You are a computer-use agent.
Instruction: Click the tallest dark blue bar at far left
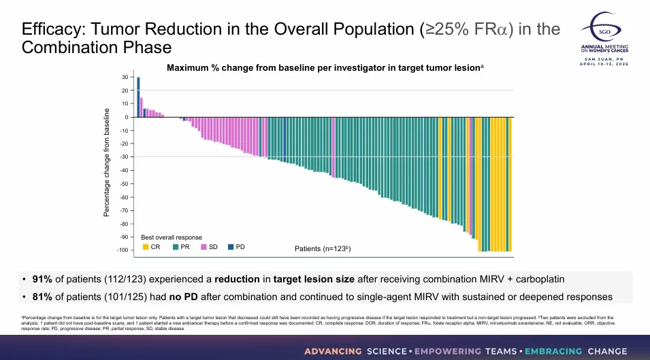click(138, 97)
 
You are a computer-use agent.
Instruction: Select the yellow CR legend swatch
click(145, 246)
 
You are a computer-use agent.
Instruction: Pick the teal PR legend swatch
click(176, 246)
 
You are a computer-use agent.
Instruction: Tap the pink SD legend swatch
click(204, 246)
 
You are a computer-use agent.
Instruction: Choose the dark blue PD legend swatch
click(230, 246)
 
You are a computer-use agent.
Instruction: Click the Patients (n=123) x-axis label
click(323, 249)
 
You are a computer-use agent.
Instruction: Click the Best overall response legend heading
click(171, 237)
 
